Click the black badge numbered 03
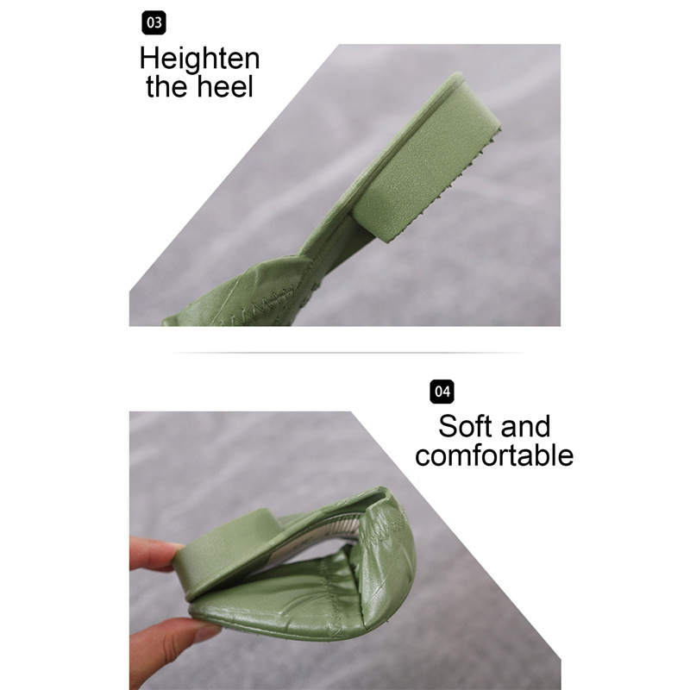point(154,22)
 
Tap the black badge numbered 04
point(442,392)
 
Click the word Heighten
point(200,59)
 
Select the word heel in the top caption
point(225,86)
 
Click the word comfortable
point(494,455)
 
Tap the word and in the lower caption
point(525,426)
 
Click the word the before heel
point(167,86)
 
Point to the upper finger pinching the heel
point(154,555)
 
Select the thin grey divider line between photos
point(348,353)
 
